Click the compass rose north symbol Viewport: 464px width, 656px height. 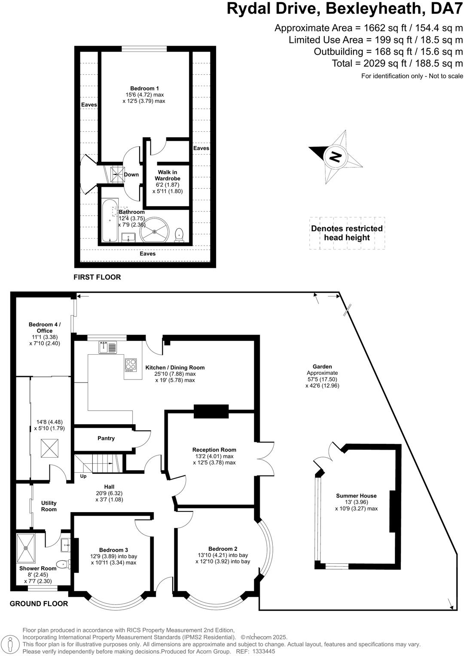point(336,156)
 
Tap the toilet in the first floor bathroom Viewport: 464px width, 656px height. point(180,235)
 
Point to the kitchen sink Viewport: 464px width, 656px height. point(107,347)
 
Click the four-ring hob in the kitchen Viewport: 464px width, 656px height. point(131,365)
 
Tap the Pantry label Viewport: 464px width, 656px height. point(106,438)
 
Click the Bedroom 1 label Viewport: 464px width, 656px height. point(144,88)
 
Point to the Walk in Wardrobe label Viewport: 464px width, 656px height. point(168,175)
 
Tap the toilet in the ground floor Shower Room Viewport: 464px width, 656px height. point(63,564)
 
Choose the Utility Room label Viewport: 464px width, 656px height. point(49,506)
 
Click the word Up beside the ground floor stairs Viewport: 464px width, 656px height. point(83,476)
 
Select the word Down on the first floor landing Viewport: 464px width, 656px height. point(131,174)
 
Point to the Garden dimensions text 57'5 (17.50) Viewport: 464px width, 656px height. point(322,380)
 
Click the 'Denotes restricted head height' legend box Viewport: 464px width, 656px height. point(347,233)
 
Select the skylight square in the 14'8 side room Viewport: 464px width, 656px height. point(50,449)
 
